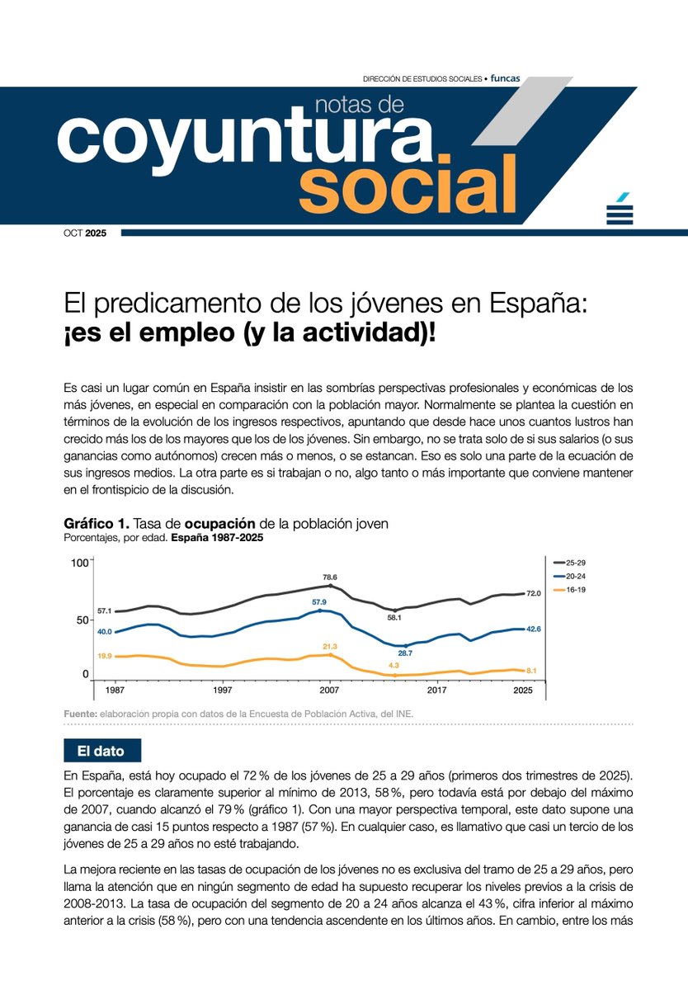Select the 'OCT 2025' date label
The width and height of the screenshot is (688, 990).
coord(91,233)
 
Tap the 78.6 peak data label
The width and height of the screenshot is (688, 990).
coord(330,577)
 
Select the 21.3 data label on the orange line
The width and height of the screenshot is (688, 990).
coord(330,646)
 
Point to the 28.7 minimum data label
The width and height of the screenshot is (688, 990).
coord(405,653)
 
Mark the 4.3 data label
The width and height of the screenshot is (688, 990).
coord(393,665)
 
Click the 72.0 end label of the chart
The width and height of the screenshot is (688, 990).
coord(534,593)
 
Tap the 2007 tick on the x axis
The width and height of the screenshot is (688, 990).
coord(330,689)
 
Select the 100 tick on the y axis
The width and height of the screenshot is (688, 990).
coord(79,563)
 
